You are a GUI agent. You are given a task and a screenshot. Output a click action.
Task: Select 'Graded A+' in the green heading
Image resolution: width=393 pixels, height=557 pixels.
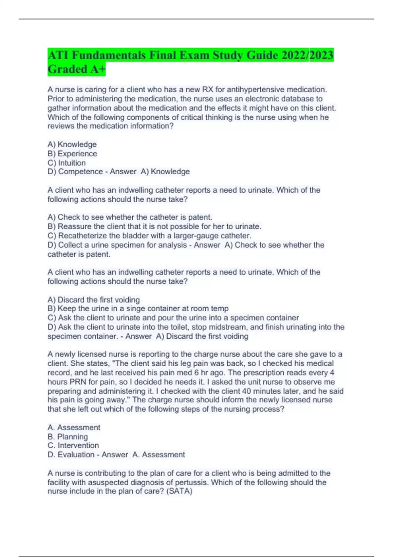point(77,69)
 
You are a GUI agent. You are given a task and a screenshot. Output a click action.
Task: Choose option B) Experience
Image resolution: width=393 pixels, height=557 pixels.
point(72,154)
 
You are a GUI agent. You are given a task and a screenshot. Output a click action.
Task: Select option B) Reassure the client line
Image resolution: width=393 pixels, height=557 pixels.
point(154,226)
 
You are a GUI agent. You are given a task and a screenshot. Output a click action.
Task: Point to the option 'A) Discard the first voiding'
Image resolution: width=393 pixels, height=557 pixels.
point(94,299)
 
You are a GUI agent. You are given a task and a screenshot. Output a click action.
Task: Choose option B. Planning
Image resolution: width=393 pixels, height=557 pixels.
point(68,437)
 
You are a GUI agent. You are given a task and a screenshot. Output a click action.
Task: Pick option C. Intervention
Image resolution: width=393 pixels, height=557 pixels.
point(73,446)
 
